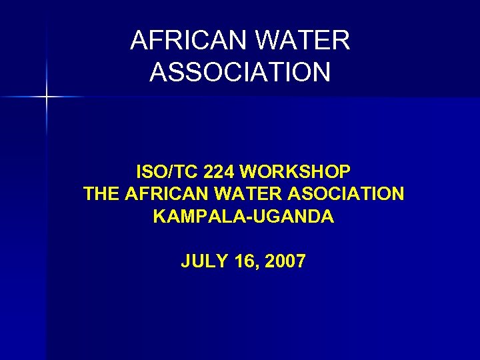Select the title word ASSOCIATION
240,72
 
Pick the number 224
219,172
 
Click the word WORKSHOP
295,172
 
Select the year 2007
285,261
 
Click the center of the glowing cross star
47,97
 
